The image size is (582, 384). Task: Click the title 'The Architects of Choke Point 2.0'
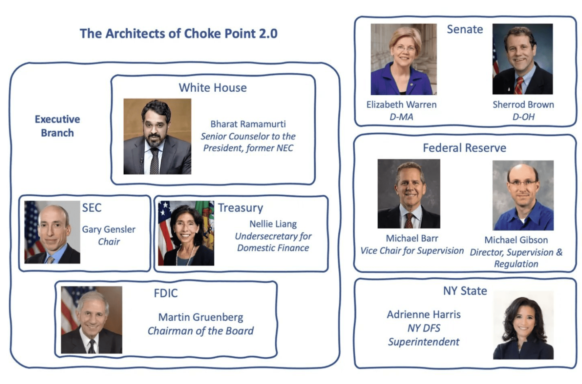coord(178,34)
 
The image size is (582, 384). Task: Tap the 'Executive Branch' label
coord(57,126)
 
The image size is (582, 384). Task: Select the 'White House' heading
coord(213,88)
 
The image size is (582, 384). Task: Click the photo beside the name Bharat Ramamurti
coord(157,136)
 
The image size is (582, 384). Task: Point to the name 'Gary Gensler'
coord(109,229)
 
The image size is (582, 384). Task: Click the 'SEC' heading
coord(92,208)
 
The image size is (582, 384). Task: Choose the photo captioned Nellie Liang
coord(186,233)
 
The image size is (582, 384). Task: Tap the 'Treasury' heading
coord(240,208)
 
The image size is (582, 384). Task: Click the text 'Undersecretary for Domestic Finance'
coord(273,242)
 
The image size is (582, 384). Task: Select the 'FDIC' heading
coord(166,293)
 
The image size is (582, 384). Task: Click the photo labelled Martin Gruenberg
coord(91,320)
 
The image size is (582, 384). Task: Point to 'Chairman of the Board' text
coord(201,331)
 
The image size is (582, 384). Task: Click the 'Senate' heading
coord(465,29)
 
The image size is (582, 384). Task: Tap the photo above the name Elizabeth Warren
coord(404,59)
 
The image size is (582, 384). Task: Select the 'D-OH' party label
coord(524,117)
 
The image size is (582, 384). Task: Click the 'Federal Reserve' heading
coord(465,148)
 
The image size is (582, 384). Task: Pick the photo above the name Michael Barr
coord(409,194)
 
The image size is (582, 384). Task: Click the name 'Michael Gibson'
coord(516,240)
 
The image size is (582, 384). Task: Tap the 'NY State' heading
coord(465,291)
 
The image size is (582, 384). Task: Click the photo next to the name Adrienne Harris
coord(523,325)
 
